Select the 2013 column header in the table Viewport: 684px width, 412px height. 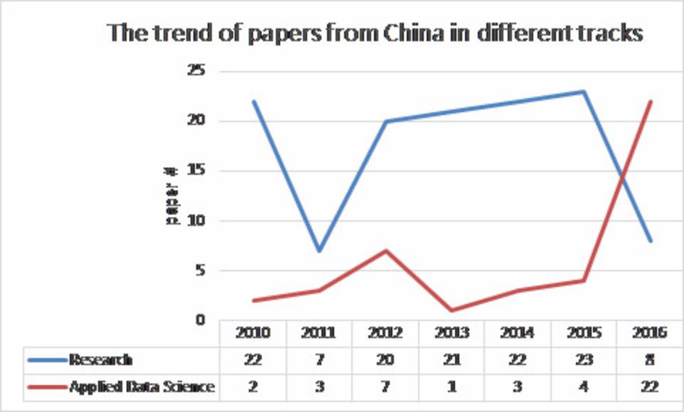pos(451,332)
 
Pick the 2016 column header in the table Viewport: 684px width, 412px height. pos(651,332)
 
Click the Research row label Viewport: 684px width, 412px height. pos(100,359)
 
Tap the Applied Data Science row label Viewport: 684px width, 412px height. pos(141,386)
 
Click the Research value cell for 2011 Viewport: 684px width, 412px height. pos(319,359)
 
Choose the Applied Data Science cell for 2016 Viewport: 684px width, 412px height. pos(651,386)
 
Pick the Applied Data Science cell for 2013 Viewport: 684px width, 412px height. pos(451,386)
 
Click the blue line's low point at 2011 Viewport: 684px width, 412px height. pos(319,251)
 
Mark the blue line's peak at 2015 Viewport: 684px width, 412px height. pos(584,92)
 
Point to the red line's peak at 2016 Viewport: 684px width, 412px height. pos(651,102)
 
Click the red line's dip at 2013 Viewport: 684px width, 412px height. pos(451,310)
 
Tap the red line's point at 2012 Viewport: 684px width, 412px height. pos(385,251)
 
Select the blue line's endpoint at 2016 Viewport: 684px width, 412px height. pos(651,241)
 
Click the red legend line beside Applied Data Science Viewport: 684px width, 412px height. pos(47,387)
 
